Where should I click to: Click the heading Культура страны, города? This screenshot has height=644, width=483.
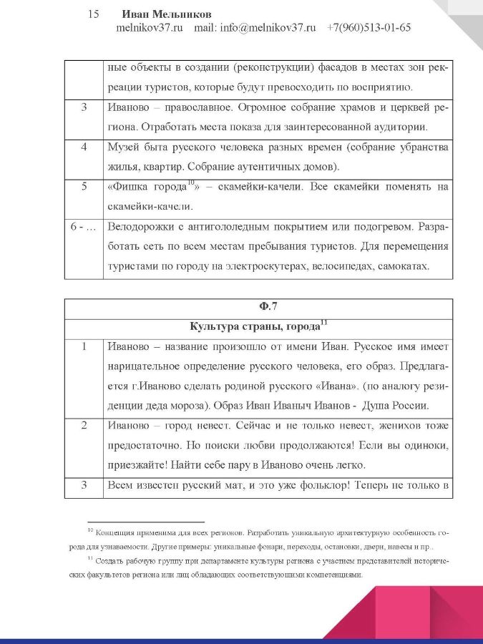254,326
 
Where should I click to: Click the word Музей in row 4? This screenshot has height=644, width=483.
123,147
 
